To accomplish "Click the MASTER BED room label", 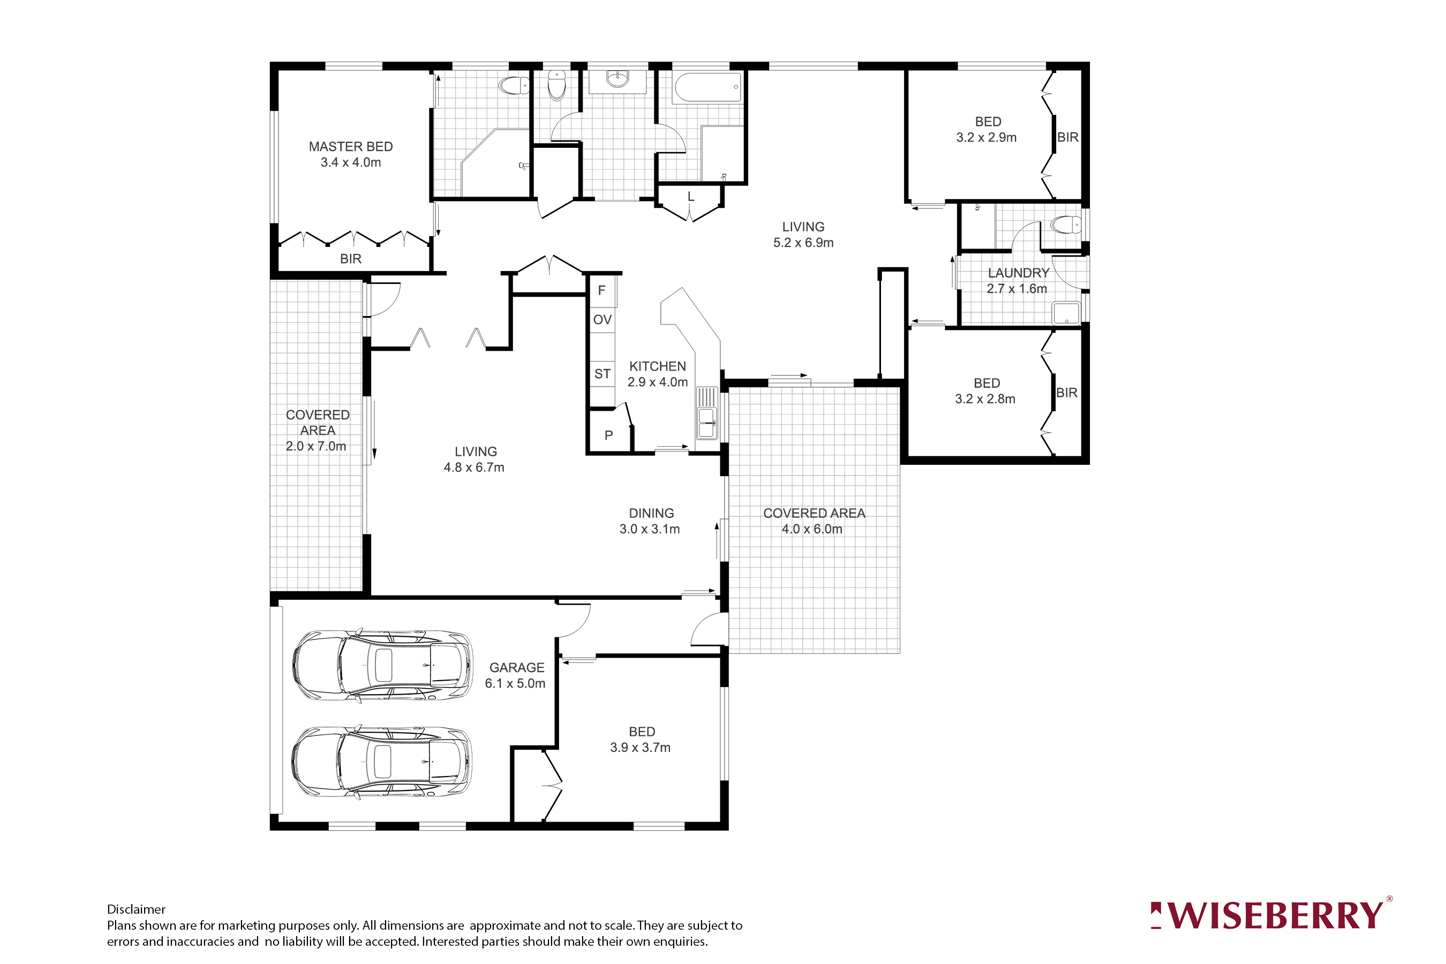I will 350,147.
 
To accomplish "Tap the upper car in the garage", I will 382,665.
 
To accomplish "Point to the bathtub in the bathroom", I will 707,88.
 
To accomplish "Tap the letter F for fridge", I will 601,290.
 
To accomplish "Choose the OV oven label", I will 602,320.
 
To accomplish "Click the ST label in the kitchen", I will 602,374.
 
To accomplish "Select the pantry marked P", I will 608,435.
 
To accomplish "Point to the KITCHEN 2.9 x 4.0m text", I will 657,374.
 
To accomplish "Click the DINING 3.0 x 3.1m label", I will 651,521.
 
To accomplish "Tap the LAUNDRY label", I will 1018,273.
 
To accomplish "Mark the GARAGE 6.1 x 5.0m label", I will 516,675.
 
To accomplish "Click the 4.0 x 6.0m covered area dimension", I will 811,529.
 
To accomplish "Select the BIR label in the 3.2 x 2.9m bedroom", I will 1067,137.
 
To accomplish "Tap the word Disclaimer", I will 136,909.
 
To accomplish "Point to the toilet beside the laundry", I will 1066,225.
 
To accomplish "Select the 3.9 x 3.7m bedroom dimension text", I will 640,748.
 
